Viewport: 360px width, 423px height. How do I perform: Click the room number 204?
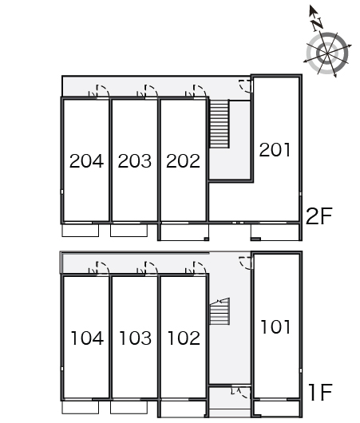86,161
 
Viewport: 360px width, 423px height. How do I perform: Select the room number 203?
135,161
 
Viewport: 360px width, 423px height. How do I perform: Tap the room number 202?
183,161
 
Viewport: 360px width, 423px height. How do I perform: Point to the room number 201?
275,149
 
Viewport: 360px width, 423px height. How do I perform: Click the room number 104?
87,338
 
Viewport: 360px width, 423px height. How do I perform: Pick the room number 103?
135,338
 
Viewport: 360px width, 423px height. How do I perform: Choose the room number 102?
184,338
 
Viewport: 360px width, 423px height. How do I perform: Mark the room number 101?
275,326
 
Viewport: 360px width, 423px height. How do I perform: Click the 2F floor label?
318,216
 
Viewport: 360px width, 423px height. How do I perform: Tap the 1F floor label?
321,392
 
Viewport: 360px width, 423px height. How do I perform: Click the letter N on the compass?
317,24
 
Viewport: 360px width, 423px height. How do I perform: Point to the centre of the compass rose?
327,53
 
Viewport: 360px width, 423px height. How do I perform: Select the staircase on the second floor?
220,124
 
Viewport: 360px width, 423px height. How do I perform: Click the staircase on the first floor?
220,310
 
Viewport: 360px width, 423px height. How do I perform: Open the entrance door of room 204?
102,91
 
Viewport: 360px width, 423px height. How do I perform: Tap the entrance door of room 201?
246,86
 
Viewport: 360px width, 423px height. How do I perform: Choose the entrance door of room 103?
151,268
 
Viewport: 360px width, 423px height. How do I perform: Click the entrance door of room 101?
246,263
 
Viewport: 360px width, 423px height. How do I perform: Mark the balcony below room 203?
129,230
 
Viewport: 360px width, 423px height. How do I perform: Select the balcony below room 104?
81,407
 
